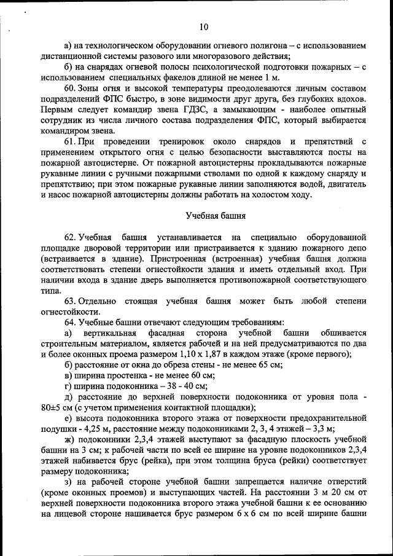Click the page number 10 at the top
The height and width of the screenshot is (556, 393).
point(204,26)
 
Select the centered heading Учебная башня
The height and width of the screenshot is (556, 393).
point(216,216)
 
